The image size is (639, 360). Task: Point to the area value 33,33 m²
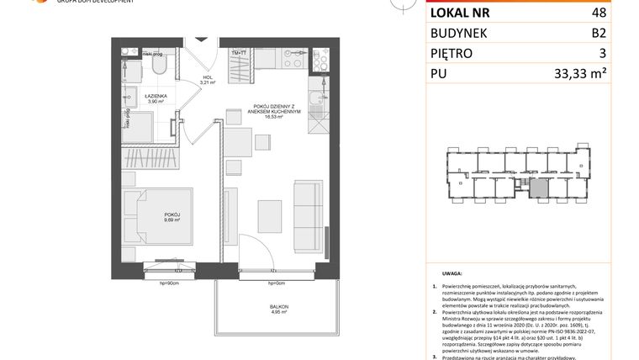[x=604, y=74]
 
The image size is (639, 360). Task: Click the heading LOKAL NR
[x=460, y=13]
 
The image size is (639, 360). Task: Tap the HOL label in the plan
[x=206, y=81]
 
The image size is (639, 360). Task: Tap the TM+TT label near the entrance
[x=238, y=53]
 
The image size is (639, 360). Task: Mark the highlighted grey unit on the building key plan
[x=536, y=189]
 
